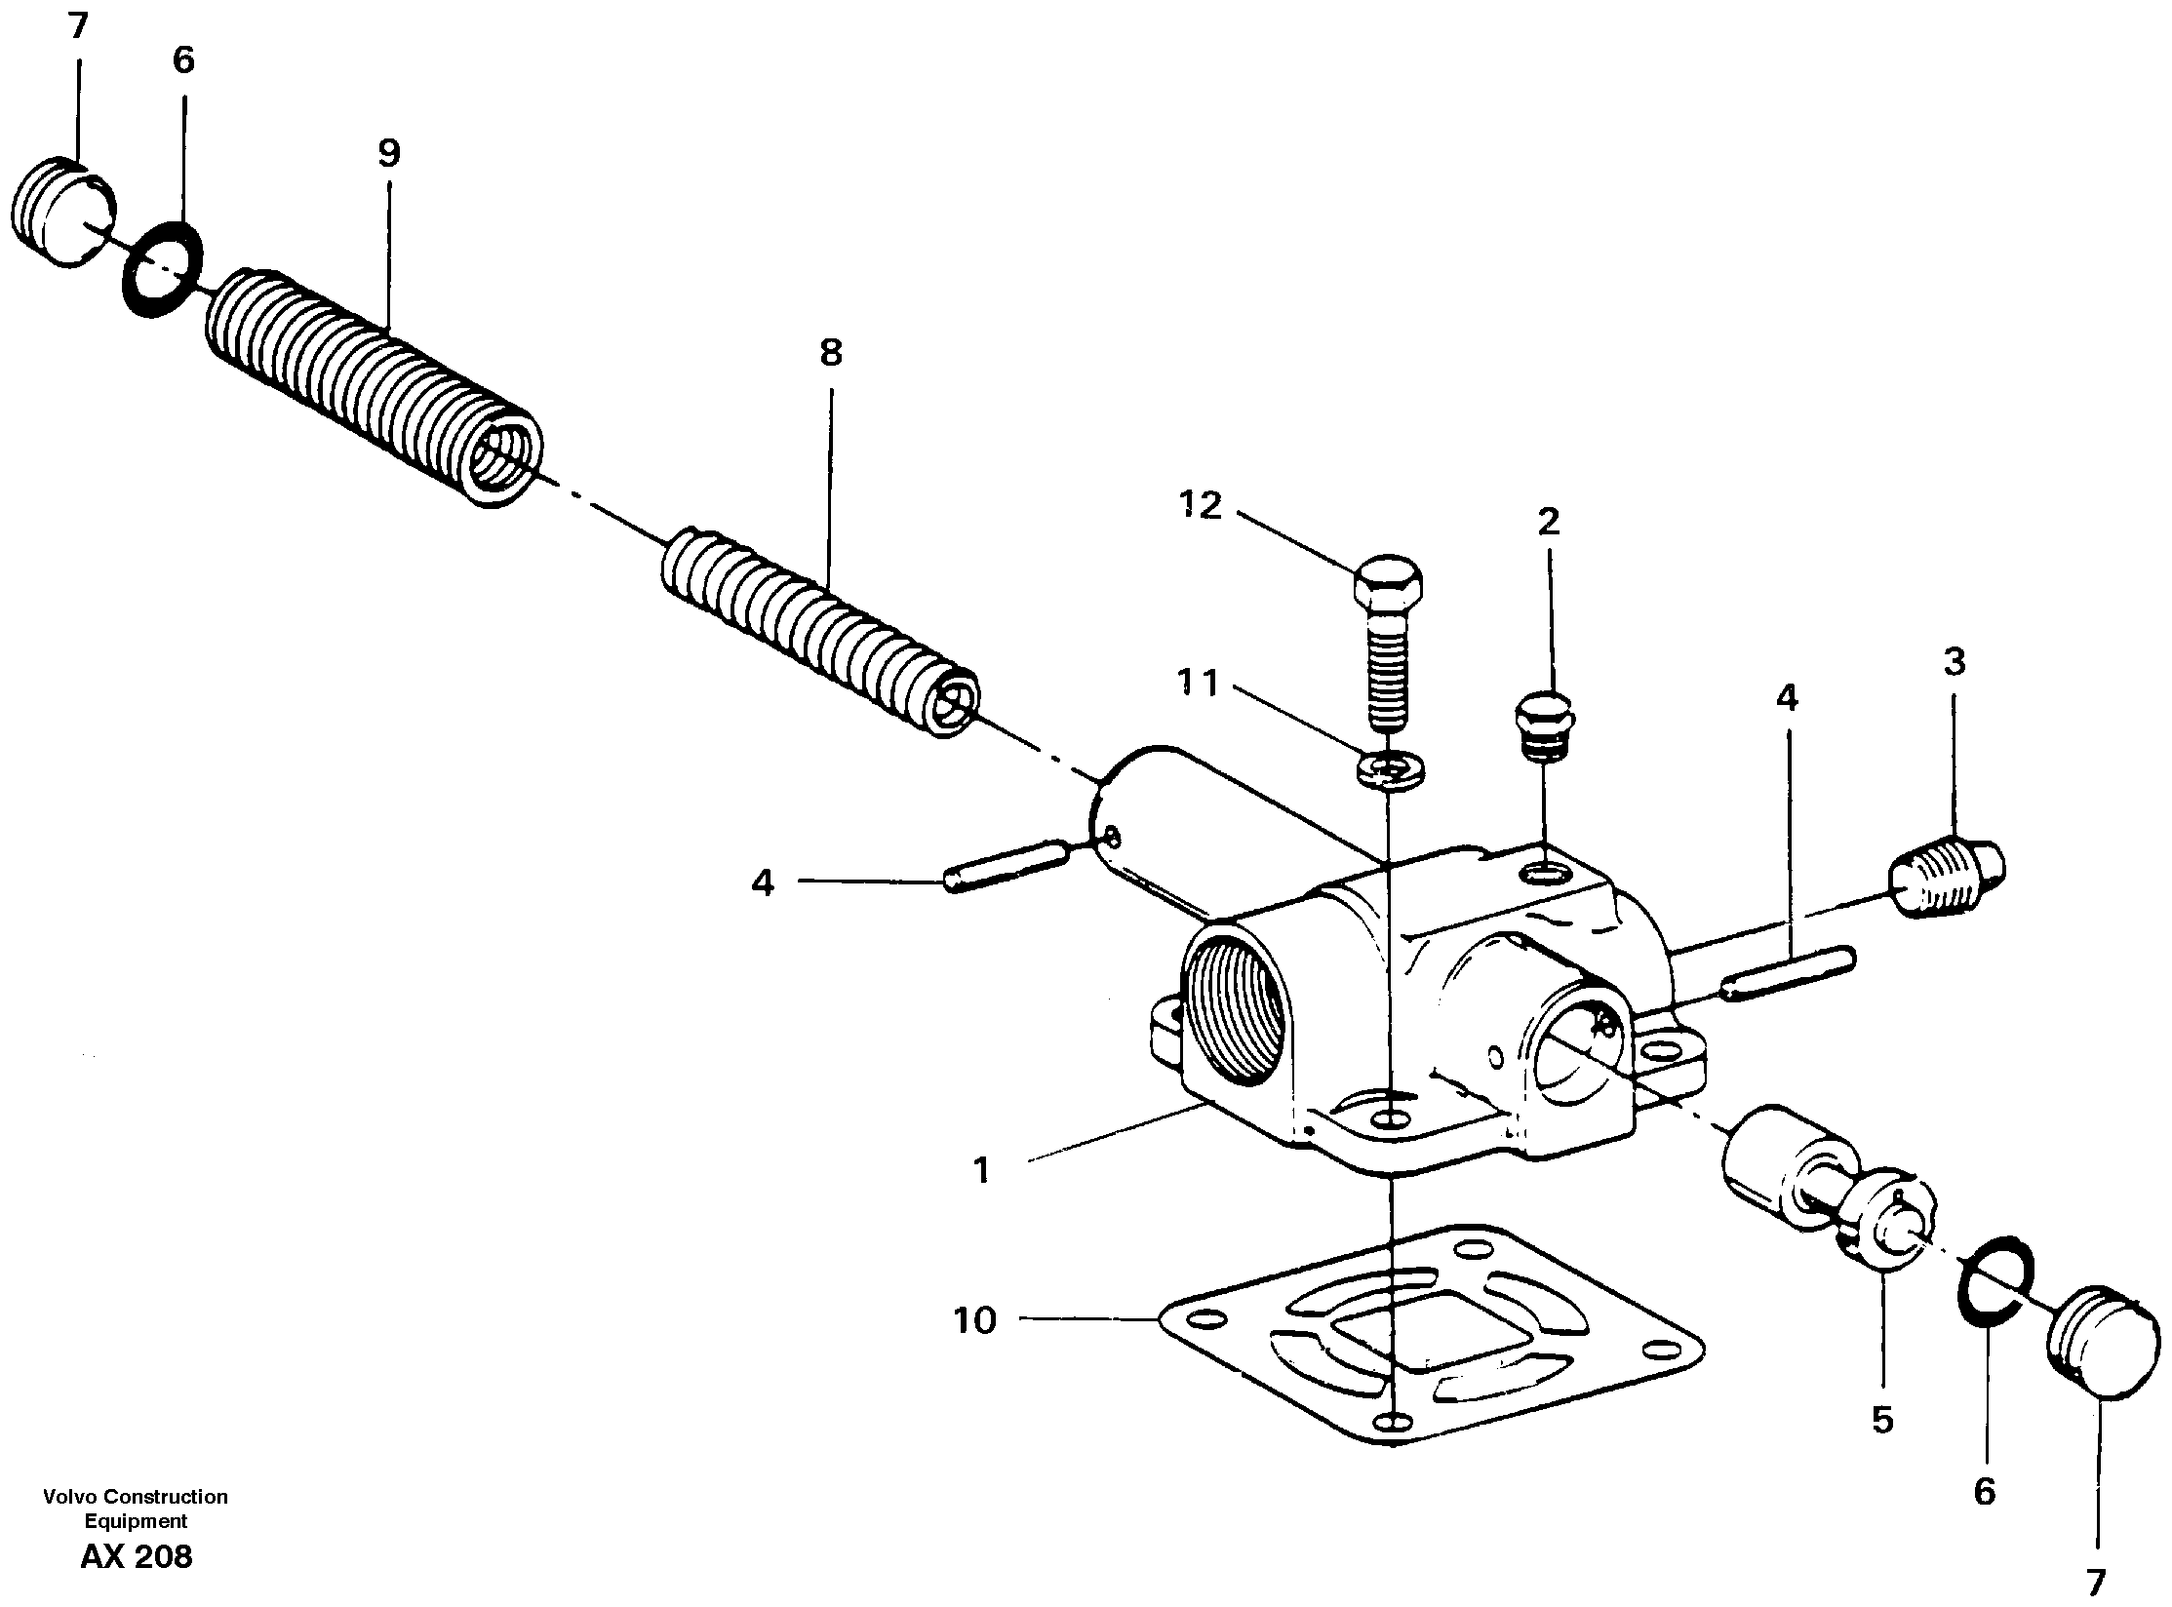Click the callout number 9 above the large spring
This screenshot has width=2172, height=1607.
pos(388,153)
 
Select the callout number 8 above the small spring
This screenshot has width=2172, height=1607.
pos(830,353)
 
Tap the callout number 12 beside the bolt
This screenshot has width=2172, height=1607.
pos(1200,505)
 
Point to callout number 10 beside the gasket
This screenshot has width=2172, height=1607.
pos(974,1320)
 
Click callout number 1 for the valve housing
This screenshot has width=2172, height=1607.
pos(981,1170)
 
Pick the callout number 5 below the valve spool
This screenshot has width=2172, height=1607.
pos(1882,1421)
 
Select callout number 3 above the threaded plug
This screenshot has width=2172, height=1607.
pos(1954,662)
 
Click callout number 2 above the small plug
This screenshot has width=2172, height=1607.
pos(1548,522)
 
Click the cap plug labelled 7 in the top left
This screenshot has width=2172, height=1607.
pos(65,213)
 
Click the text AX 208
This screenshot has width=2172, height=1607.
pos(137,1557)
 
